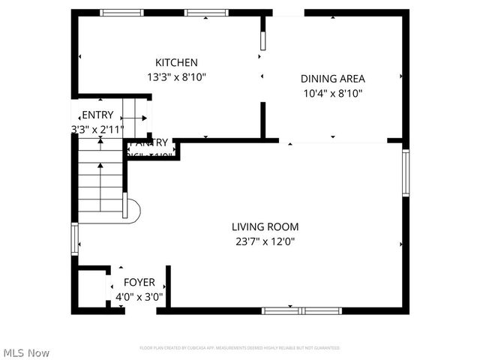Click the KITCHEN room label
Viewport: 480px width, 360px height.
(176, 62)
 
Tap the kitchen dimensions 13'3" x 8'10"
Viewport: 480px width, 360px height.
(176, 76)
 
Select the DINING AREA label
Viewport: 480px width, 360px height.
(332, 79)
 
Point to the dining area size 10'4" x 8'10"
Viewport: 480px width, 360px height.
(332, 94)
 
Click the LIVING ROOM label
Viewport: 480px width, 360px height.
(265, 226)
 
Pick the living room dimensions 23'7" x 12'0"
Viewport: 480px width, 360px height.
(265, 241)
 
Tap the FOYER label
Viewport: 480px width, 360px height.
(139, 282)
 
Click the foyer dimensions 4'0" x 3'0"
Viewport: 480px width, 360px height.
(139, 297)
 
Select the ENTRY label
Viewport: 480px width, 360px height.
(97, 115)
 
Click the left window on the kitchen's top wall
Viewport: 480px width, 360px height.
(122, 13)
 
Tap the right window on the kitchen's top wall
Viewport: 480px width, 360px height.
(207, 13)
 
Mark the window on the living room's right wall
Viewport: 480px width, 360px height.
(406, 172)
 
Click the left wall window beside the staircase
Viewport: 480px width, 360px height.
(74, 239)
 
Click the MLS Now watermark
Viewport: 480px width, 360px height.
(26, 352)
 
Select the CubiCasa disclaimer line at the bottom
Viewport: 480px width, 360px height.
(240, 348)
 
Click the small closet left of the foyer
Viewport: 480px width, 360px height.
(92, 289)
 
